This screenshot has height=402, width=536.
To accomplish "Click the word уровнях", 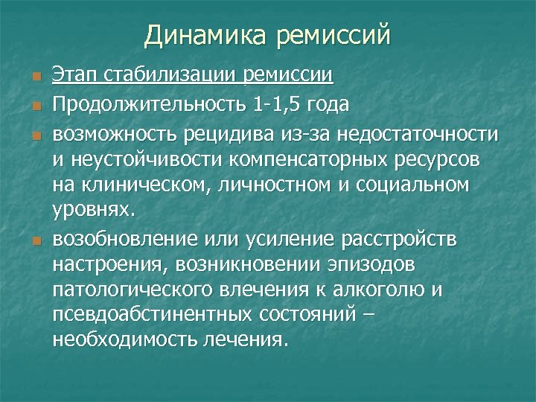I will click(94, 211).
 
